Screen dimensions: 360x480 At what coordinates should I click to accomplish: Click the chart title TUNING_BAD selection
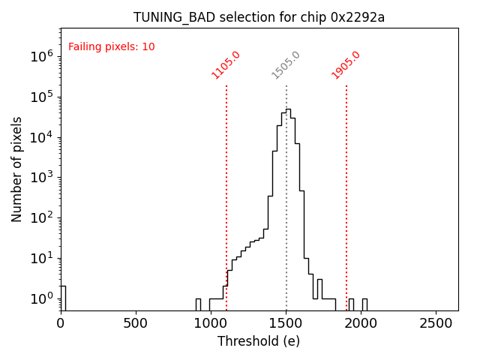tap(259, 17)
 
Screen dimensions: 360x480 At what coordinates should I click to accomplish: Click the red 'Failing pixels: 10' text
tap(112, 47)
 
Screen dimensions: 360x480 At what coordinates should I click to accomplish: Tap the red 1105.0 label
tap(226, 65)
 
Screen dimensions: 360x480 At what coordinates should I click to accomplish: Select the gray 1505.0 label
tap(286, 65)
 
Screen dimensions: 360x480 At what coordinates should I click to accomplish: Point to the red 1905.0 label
tap(346, 65)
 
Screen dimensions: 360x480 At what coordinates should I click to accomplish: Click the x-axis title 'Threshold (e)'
tap(259, 341)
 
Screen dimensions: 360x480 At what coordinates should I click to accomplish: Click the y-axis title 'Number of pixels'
tap(17, 169)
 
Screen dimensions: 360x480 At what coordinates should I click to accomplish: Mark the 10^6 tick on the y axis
tap(42, 56)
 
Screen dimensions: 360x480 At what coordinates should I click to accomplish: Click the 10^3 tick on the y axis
tap(42, 178)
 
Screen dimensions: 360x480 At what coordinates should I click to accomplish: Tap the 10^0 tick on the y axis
tap(42, 298)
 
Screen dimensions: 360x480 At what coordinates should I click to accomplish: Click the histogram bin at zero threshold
tap(63, 298)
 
